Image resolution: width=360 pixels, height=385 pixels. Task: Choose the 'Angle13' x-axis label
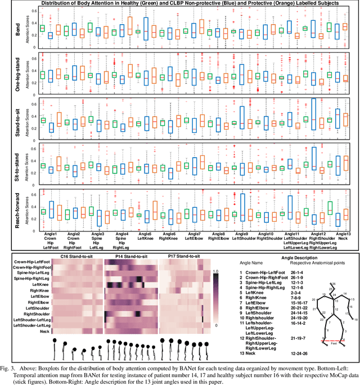click(341, 233)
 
